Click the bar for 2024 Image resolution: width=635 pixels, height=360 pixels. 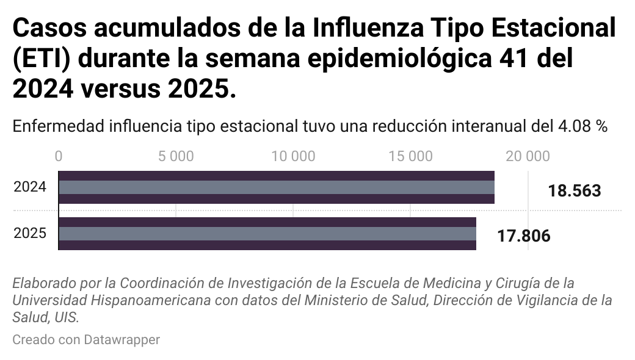click(276, 187)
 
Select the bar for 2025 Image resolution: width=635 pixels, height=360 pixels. click(267, 234)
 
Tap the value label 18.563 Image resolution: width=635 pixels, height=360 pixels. click(574, 191)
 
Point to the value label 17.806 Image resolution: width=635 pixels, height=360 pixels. click(523, 236)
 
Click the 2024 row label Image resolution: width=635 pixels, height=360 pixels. click(30, 187)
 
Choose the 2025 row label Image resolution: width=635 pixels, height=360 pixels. click(30, 233)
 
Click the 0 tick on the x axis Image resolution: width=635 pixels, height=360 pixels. click(59, 156)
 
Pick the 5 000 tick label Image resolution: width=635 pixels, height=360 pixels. click(176, 156)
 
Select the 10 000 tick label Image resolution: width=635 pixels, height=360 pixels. click(293, 156)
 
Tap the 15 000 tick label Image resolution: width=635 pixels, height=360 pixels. click(410, 156)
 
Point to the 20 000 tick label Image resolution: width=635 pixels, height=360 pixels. click(528, 156)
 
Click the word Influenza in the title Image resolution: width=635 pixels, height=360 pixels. click(364, 29)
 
